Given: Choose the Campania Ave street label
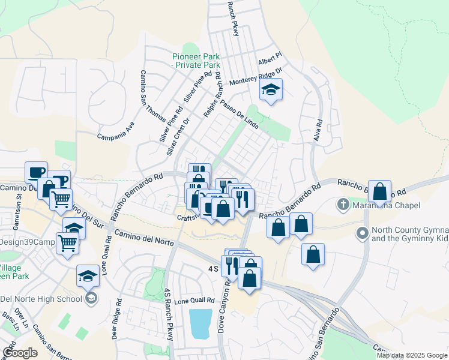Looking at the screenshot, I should (116, 131).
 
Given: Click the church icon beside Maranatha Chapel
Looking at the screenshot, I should (343, 205).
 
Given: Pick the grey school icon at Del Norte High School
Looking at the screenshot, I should (91, 298).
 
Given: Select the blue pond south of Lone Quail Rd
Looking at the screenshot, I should (200, 324).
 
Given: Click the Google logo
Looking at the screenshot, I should (19, 353).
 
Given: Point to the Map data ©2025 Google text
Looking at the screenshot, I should (412, 355).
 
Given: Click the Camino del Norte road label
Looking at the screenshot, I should (143, 238).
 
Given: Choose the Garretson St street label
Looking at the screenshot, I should (19, 203).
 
